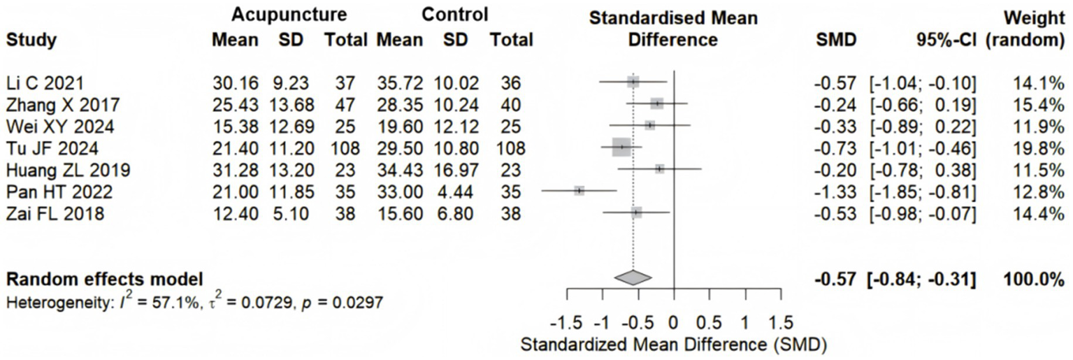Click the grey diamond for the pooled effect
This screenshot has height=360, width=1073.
click(633, 278)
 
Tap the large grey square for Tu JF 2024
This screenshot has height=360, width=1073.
click(621, 147)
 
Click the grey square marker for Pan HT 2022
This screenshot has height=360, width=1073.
click(579, 191)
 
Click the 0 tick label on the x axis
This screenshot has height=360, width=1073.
click(673, 324)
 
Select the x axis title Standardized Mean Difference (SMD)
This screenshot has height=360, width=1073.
click(674, 345)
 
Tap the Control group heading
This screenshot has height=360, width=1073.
click(454, 15)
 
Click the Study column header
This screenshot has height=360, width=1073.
click(31, 41)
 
